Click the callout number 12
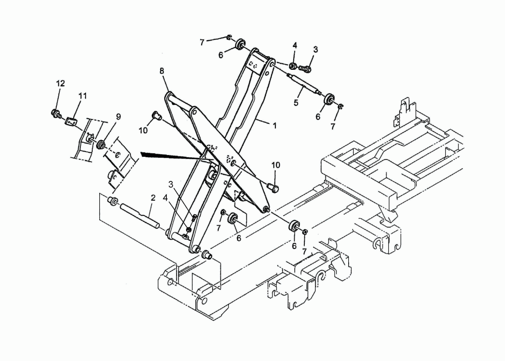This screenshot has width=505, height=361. tap(60, 83)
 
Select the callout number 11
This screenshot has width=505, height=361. tap(83, 96)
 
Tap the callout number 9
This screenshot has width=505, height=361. tap(118, 116)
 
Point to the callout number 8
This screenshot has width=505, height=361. tap(162, 71)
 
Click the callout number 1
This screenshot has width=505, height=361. tap(274, 126)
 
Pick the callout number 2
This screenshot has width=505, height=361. tap(153, 197)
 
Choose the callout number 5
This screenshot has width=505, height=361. tap(296, 103)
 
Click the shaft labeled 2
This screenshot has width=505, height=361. tap(139, 216)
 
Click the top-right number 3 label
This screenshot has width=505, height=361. tap(316, 50)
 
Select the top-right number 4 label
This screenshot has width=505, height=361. tap(295, 45)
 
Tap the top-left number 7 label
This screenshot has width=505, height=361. tap(202, 42)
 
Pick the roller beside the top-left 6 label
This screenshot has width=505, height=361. tap(241, 44)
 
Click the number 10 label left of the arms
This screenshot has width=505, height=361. tap(143, 130)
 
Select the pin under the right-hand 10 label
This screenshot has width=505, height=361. tap(273, 187)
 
